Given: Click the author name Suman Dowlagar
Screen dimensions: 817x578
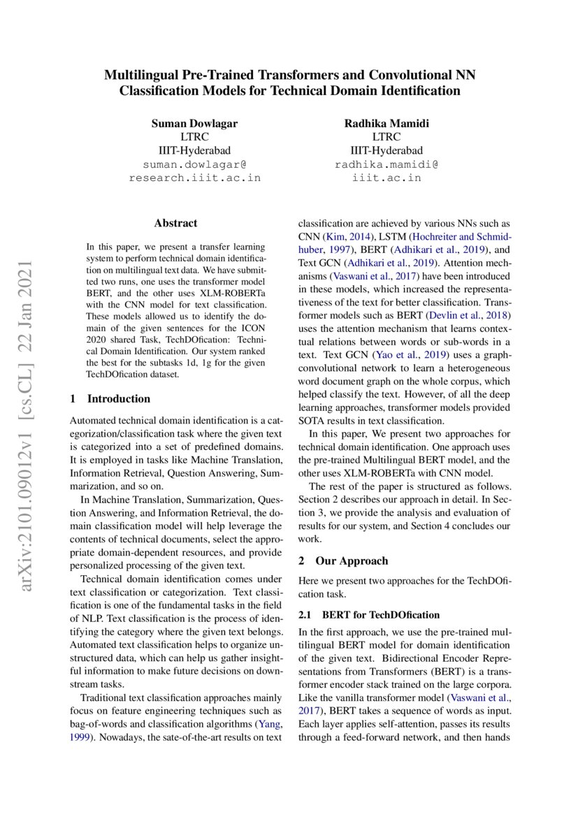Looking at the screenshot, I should tap(194, 124).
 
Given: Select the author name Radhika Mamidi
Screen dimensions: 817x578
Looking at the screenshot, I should tap(386, 124).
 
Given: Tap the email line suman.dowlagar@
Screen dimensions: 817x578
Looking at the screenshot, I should tap(194, 164).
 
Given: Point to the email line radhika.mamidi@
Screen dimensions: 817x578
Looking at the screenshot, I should tap(386, 164).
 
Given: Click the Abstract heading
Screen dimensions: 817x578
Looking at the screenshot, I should tap(175, 224).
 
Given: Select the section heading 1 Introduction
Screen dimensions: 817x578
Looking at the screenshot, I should tap(110, 399).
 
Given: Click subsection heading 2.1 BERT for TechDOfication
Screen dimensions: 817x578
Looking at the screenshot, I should tap(369, 615).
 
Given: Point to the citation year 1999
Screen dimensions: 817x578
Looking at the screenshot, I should tap(80, 737).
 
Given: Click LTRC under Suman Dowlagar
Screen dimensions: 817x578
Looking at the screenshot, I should tap(194, 137).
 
